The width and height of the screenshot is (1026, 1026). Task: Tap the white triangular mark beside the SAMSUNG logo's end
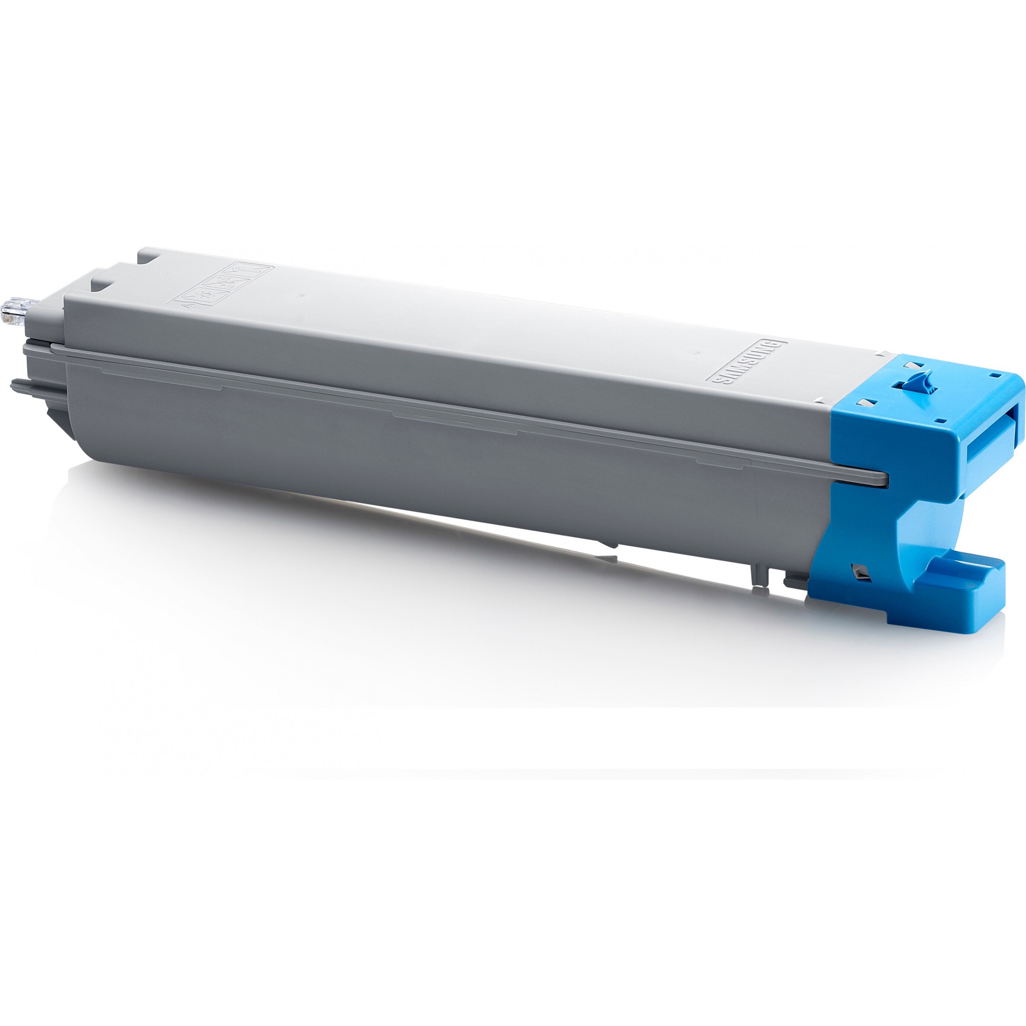pos(882,353)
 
